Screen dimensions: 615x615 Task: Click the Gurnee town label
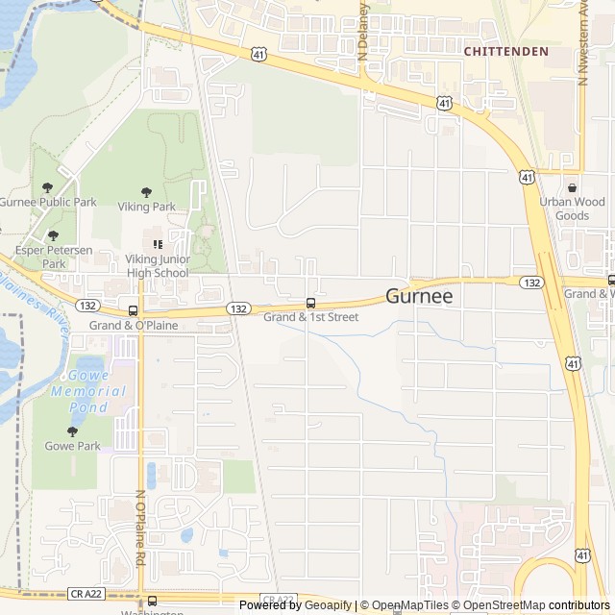click(x=419, y=298)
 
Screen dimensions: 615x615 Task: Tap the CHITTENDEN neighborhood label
click(x=505, y=51)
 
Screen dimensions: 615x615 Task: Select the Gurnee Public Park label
click(x=48, y=203)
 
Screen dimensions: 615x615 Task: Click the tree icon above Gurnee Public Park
click(x=48, y=187)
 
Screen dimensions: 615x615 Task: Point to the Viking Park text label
click(x=146, y=207)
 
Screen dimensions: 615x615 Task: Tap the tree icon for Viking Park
click(x=146, y=192)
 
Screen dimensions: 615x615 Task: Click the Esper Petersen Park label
click(x=54, y=257)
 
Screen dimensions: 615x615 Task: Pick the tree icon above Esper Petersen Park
click(x=53, y=234)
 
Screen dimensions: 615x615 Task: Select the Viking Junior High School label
click(x=158, y=266)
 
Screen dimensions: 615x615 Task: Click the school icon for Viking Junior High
click(x=158, y=245)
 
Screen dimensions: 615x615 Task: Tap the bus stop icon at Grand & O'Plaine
click(x=133, y=310)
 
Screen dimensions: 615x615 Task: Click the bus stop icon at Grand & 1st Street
click(x=310, y=304)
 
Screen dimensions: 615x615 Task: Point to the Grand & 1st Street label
click(x=310, y=317)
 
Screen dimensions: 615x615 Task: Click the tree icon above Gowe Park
click(x=72, y=431)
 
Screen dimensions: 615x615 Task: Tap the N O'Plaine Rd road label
click(x=140, y=528)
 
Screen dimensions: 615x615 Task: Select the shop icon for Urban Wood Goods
click(x=573, y=188)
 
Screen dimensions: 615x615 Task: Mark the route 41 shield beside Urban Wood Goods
click(x=527, y=178)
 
